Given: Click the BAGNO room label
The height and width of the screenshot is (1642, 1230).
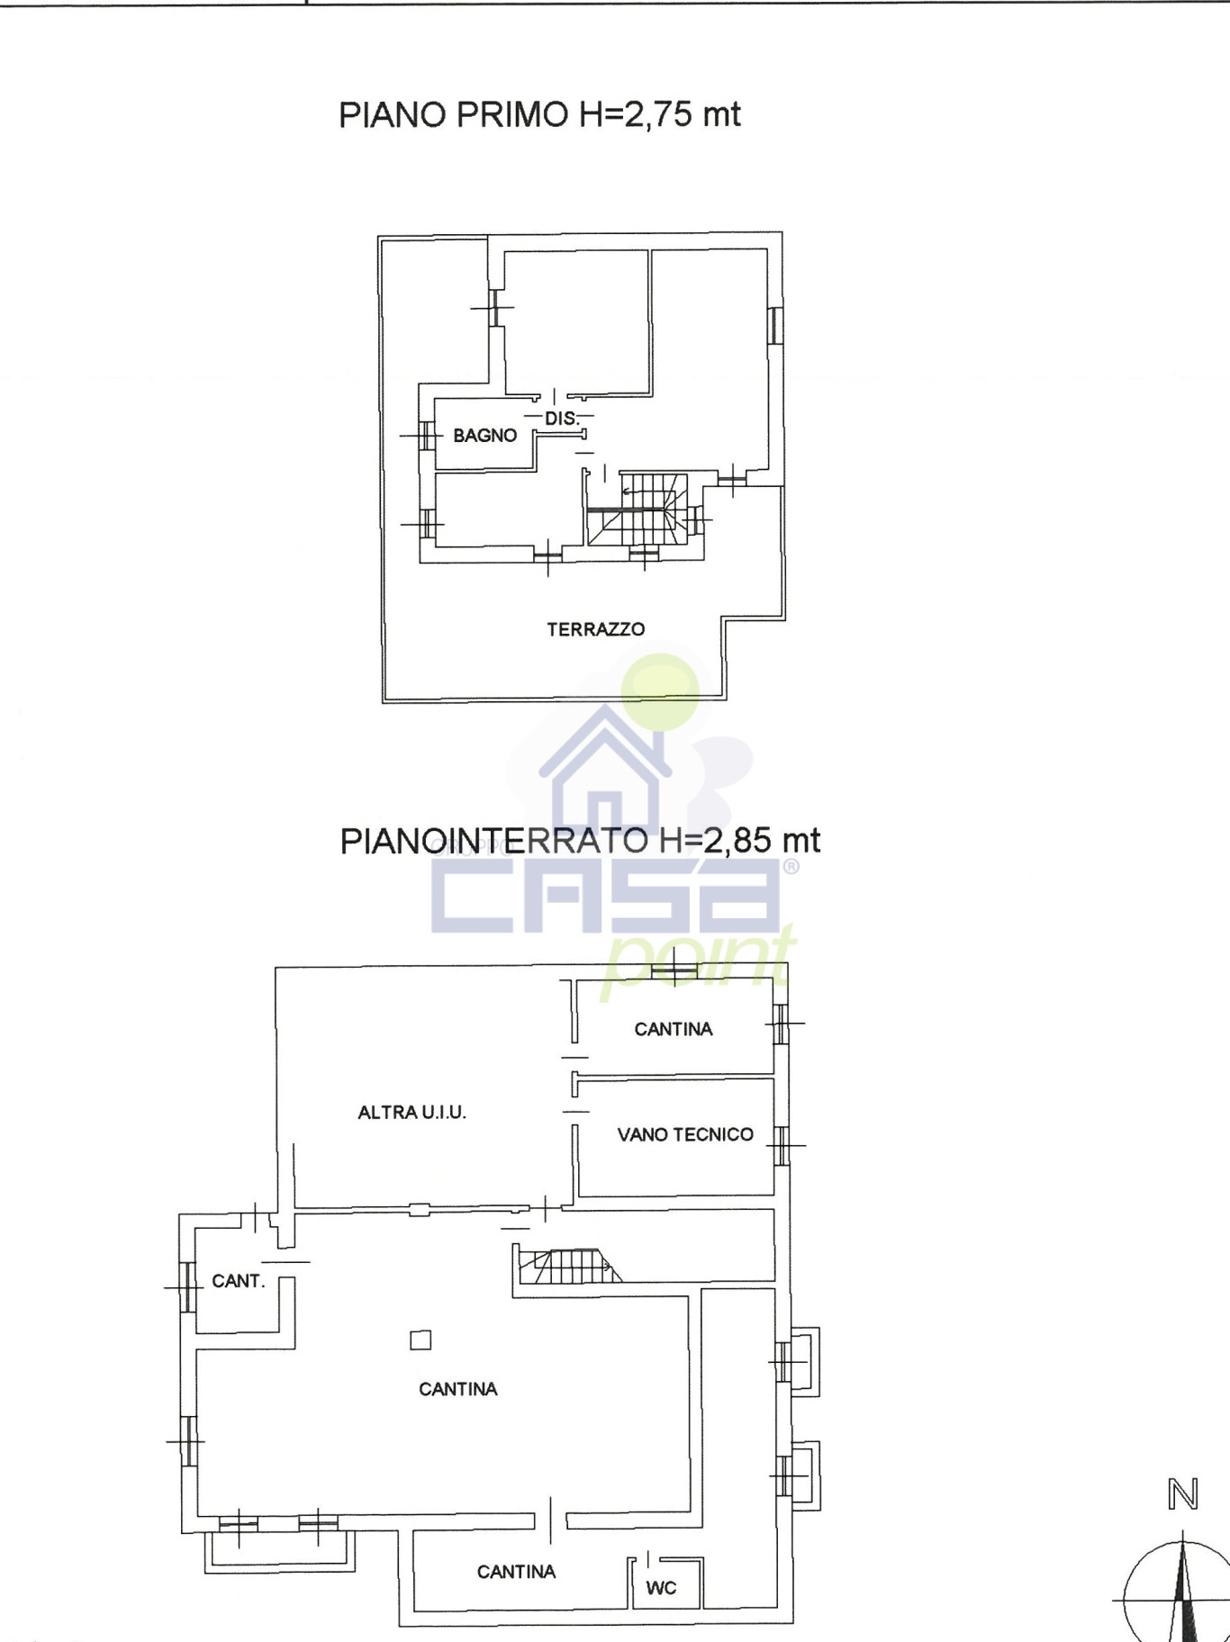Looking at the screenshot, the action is click(484, 436).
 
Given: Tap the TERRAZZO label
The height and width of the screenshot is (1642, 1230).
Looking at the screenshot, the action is click(595, 629).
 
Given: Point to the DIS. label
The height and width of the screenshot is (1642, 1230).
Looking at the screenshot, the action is click(561, 419).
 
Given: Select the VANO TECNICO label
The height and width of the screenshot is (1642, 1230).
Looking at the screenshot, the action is click(685, 1134).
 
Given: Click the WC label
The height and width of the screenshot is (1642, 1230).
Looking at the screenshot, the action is click(661, 1588).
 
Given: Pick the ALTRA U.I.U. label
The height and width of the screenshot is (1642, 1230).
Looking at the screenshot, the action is click(412, 1113).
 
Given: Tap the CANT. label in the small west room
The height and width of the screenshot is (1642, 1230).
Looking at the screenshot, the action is click(238, 1281).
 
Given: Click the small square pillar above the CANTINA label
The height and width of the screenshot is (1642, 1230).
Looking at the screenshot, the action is click(421, 1340).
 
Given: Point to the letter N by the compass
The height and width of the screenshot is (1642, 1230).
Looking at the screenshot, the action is click(1183, 1495).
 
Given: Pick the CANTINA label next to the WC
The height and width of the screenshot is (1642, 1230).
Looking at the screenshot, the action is click(516, 1572).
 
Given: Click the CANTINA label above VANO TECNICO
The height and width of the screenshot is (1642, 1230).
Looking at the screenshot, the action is click(674, 1029).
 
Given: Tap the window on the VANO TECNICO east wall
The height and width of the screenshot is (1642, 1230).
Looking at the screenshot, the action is click(782, 1146).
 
